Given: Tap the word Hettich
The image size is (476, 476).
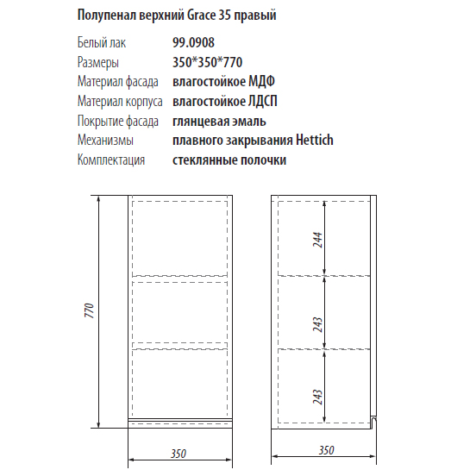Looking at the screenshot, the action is point(313,141).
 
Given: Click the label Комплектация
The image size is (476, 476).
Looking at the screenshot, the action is point(110,160).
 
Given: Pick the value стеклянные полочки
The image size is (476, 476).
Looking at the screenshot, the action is point(229,160).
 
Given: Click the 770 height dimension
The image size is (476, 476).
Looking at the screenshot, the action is point(88,312).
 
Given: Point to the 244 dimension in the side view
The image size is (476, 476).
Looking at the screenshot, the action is point(317,237).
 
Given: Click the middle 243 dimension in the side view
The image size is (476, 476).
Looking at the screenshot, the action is point(317,325).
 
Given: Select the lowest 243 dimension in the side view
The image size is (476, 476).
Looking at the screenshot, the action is point(317,396).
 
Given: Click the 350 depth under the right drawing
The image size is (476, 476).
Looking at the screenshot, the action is point(326,450).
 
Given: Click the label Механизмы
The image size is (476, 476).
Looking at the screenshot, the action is point(104,141).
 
